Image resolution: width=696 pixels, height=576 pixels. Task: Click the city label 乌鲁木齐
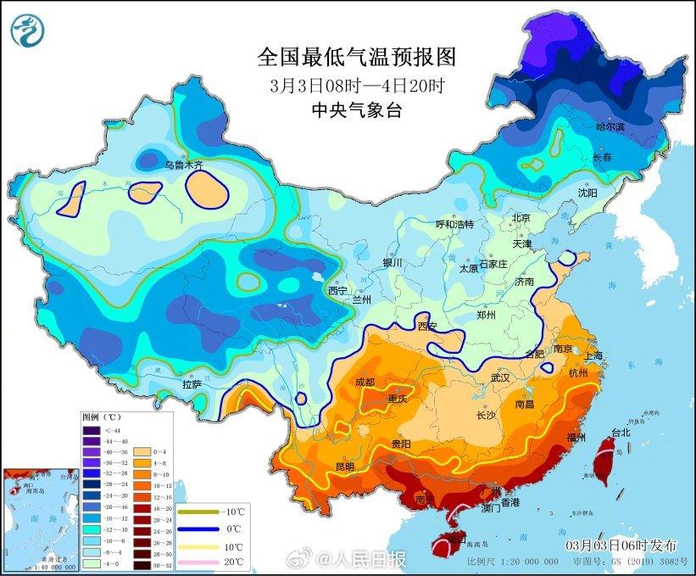click(184, 165)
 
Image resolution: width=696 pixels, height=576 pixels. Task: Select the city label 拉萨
click(192, 384)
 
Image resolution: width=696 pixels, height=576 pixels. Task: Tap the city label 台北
click(620, 432)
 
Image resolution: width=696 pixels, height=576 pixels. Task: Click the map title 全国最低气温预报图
click(358, 58)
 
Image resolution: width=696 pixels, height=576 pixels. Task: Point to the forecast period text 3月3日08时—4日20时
click(357, 85)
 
